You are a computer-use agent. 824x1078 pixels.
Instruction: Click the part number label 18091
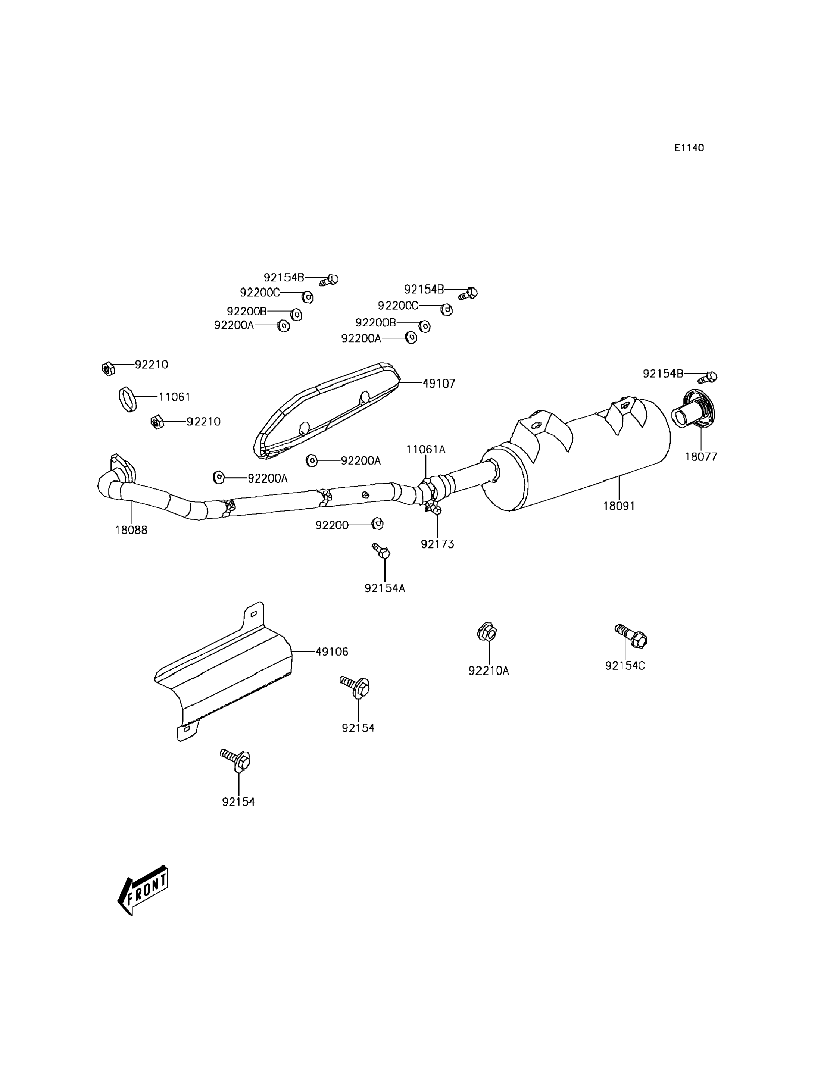[x=619, y=506]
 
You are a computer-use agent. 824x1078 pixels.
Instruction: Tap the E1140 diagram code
[x=689, y=148]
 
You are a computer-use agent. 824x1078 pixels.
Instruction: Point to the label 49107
[x=439, y=384]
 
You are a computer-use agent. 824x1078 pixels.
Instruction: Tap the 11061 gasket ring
[x=128, y=399]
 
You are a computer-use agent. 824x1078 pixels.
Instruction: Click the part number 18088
[x=131, y=530]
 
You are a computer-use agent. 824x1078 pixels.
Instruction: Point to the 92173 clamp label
[x=437, y=544]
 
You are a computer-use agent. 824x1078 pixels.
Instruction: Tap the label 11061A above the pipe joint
[x=426, y=449]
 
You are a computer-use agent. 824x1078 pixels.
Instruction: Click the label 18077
[x=701, y=457]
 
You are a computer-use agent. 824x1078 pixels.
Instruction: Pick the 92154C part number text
[x=625, y=666]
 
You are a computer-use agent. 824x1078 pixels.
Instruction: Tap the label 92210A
[x=489, y=671]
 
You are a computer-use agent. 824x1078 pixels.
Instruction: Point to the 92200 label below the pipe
[x=332, y=525]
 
